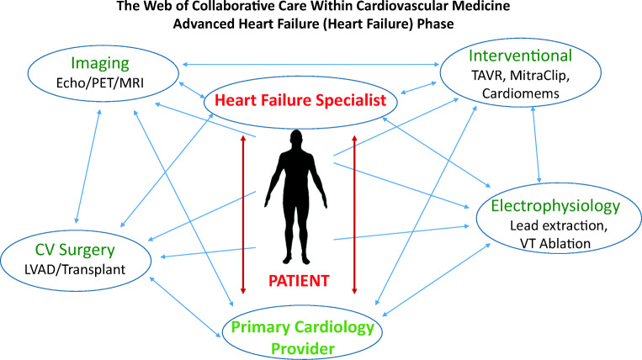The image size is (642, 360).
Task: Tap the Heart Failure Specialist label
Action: coord(300,100)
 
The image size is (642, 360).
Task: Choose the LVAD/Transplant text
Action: coord(75,269)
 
